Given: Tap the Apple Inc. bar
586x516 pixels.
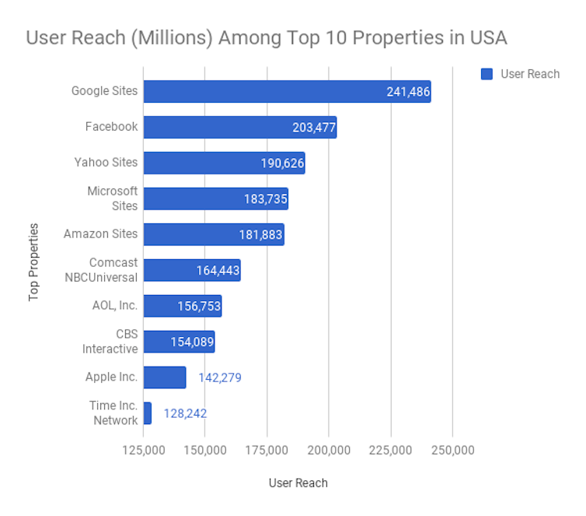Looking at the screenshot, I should point(165,377).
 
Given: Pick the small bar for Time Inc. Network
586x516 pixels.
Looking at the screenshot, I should point(148,413).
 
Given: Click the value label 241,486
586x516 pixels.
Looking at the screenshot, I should point(408,92).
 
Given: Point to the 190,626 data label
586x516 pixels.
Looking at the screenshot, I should point(282,163).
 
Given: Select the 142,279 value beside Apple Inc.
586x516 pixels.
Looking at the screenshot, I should point(220,377).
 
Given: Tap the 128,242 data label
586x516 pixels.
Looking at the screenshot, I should point(185,413).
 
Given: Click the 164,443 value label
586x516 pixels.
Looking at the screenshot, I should point(218,271).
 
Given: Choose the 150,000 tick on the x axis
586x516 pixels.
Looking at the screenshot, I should point(205,451).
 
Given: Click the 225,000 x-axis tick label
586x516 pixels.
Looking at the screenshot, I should point(391,451).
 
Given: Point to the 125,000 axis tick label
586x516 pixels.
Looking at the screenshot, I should point(144,451).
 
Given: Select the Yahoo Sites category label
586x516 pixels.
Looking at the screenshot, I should point(106,163).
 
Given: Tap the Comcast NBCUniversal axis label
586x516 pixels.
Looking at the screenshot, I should point(113,270).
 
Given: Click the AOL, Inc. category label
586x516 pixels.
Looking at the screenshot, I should point(114,305).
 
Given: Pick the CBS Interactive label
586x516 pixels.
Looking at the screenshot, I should point(110,342).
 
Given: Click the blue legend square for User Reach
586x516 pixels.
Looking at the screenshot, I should point(487,74).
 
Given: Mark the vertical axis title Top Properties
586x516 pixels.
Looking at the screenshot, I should point(33,262).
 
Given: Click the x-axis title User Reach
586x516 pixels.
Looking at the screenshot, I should point(298,483).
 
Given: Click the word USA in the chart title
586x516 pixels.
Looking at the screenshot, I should point(487,37).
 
